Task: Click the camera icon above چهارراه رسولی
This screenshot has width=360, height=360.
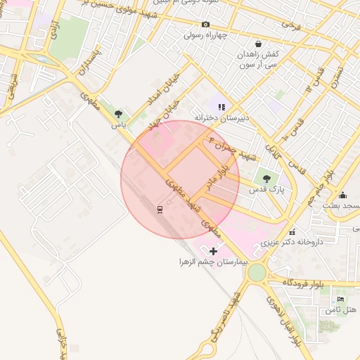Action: pos(205,25)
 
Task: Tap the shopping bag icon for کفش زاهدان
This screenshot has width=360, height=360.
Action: pos(258,44)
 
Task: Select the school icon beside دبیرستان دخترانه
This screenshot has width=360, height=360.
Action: pos(221,107)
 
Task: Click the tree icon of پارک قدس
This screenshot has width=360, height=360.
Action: pos(266,179)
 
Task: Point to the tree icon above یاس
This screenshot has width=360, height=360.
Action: pos(118,114)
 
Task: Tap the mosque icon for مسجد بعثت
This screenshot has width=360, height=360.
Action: pos(342,195)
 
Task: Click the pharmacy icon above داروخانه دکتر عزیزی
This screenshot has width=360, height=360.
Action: pos(292,231)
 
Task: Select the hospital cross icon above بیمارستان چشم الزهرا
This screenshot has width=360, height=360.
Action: pos(213,250)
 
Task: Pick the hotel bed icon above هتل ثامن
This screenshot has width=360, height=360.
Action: pos(341,299)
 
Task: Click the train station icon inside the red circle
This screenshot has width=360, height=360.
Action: pos(160,209)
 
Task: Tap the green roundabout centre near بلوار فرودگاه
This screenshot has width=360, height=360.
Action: pos(257,272)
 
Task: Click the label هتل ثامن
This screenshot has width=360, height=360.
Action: pos(342,309)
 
